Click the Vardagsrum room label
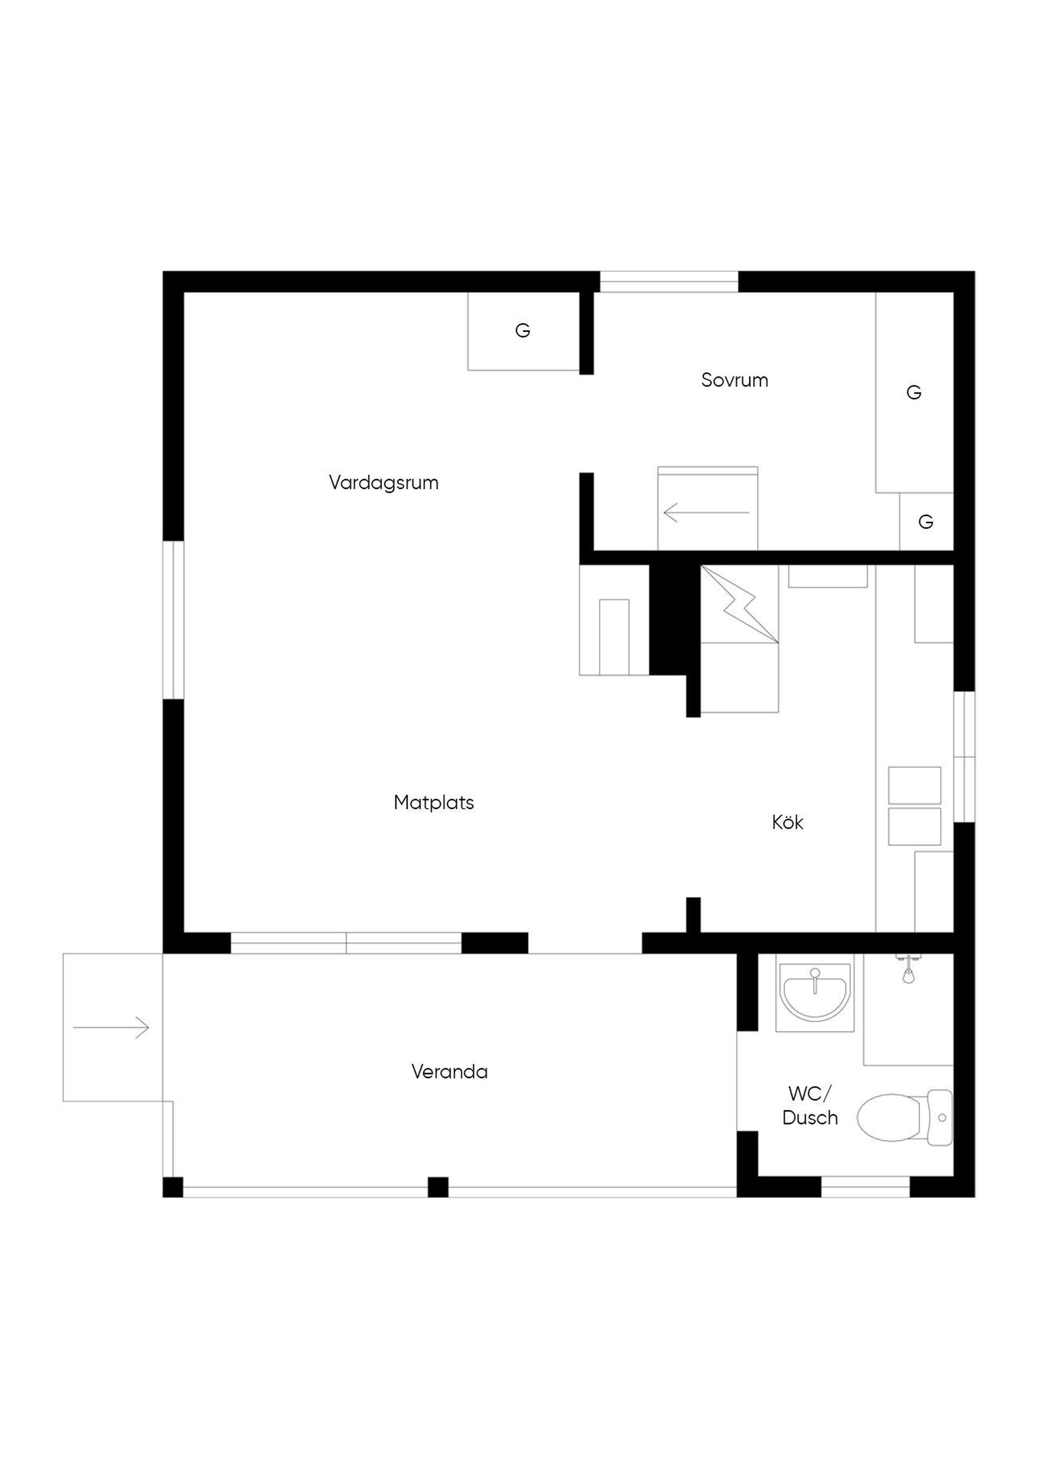click(x=384, y=483)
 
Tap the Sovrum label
click(x=734, y=380)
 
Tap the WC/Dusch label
click(x=810, y=1106)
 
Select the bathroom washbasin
click(x=815, y=994)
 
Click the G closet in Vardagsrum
click(x=523, y=331)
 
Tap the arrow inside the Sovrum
click(x=706, y=513)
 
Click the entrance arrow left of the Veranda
click(x=111, y=1028)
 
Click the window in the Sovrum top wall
click(x=668, y=281)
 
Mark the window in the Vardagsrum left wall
click(x=174, y=620)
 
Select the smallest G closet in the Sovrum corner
click(x=926, y=521)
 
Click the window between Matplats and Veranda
click(x=346, y=943)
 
